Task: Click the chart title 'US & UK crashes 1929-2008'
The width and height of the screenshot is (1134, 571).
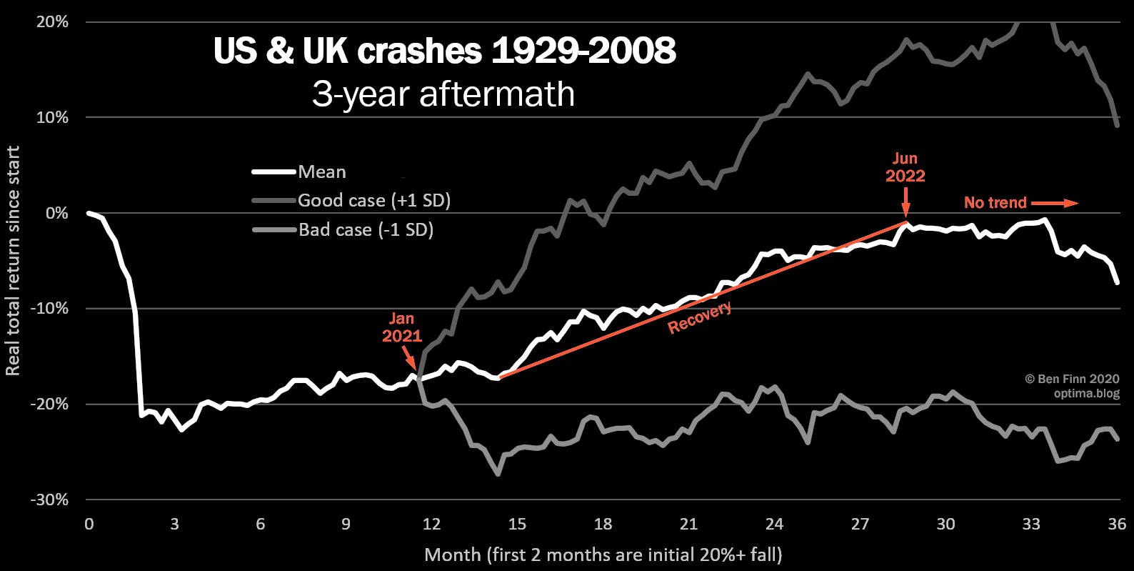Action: [x=444, y=51]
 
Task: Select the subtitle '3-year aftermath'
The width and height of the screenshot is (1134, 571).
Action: [x=443, y=94]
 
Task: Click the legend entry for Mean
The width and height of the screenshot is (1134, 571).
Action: [x=322, y=172]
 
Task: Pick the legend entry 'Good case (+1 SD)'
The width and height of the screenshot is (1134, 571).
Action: [x=374, y=201]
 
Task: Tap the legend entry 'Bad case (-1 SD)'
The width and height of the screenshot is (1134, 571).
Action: [x=366, y=230]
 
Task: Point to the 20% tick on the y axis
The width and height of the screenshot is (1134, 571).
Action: [x=52, y=22]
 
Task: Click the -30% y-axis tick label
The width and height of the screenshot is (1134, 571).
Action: [x=49, y=500]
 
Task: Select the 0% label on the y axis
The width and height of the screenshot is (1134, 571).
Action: [x=56, y=213]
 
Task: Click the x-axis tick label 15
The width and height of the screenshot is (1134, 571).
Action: [x=517, y=525]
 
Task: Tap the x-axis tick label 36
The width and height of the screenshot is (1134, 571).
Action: [x=1117, y=525]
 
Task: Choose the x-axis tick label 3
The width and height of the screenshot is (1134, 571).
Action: [x=174, y=525]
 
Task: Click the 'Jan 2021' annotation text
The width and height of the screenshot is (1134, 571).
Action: [x=401, y=327]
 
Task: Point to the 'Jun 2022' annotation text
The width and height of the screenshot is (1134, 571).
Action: [x=905, y=167]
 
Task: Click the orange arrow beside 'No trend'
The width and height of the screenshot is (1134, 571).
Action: [x=1055, y=204]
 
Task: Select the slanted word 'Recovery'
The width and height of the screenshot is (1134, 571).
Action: [x=699, y=317]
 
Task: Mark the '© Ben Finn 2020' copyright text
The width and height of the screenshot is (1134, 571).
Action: [x=1072, y=379]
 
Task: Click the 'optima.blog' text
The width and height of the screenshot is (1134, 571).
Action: [x=1086, y=394]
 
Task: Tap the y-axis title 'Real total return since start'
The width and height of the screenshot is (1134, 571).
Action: [x=13, y=261]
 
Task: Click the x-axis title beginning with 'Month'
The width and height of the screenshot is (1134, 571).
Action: [x=603, y=555]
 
